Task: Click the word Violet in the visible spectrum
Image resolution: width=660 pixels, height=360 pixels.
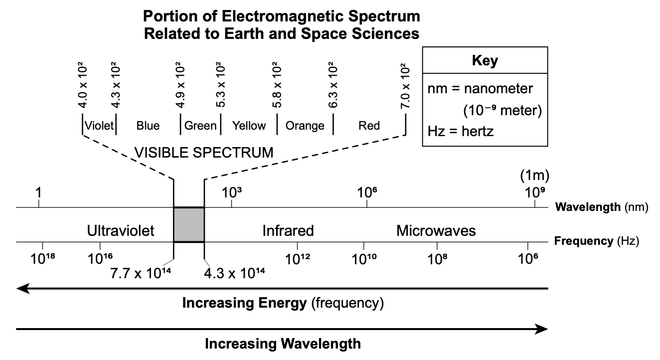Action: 99,125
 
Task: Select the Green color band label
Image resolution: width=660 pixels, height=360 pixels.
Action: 200,125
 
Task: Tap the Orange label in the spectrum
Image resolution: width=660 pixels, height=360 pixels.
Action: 305,125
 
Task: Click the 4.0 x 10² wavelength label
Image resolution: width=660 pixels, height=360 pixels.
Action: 82,86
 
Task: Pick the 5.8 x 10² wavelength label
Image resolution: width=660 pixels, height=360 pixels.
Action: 277,86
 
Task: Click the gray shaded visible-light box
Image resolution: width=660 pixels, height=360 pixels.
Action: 189,224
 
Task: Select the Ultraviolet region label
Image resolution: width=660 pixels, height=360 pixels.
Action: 121,231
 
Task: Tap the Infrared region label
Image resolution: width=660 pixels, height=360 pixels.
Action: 288,231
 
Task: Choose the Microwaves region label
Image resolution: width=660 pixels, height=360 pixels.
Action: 436,231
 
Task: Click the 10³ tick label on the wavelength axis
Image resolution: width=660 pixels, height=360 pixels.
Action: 232,192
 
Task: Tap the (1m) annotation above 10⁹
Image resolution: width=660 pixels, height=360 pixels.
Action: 534,176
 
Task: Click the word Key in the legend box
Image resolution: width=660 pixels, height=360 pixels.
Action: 485,61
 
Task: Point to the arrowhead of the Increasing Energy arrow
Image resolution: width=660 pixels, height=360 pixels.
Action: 23,288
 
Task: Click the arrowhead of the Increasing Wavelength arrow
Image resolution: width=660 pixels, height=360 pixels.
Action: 542,329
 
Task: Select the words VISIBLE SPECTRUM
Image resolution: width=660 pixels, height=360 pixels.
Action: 204,152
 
